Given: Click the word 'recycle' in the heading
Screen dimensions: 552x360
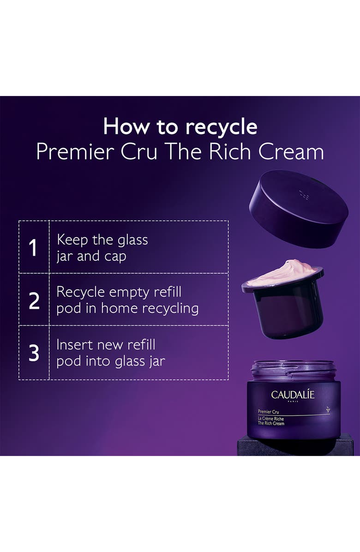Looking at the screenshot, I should click(219, 127).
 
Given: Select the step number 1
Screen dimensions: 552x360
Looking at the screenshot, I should click(33, 247).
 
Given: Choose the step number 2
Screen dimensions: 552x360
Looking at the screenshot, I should click(34, 300).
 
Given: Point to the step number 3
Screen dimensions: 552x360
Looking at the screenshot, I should click(34, 353).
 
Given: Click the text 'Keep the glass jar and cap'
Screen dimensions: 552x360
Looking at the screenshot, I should click(102, 248).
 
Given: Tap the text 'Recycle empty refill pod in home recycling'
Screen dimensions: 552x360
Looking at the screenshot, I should click(127, 300).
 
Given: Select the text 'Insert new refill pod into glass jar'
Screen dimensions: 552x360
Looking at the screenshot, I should click(110, 353).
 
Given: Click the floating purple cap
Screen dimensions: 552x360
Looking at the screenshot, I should click(298, 209).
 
